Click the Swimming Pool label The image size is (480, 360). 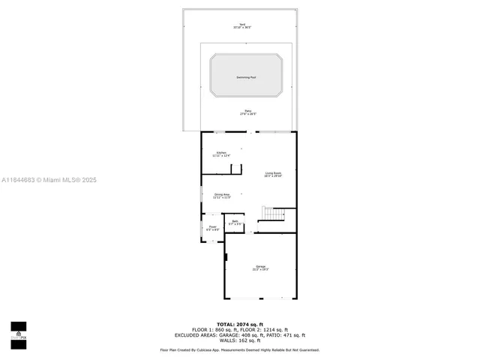point(247,77)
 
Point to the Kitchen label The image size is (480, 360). point(220,154)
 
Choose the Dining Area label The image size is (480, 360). point(221,195)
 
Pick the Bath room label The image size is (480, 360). point(235,222)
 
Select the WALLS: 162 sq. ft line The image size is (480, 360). point(240,340)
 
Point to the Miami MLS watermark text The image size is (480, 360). point(49,180)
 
